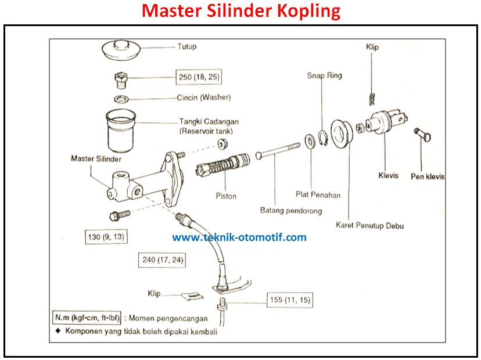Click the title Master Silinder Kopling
[x=241, y=11]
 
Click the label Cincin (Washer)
[x=203, y=98]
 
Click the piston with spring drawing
[x=224, y=163]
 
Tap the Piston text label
[x=226, y=196]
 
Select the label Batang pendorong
[x=290, y=211]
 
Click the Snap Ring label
[x=325, y=75]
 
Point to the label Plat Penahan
[x=317, y=195]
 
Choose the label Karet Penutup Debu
[x=369, y=225]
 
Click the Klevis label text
[x=389, y=175]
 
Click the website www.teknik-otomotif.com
[x=239, y=237]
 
